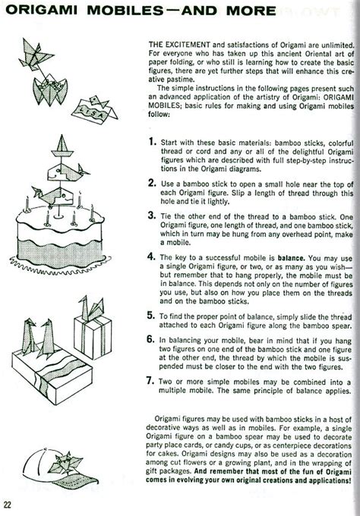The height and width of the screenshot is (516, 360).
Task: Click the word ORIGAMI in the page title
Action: [42, 11]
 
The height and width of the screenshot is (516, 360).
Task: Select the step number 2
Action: [152, 183]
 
